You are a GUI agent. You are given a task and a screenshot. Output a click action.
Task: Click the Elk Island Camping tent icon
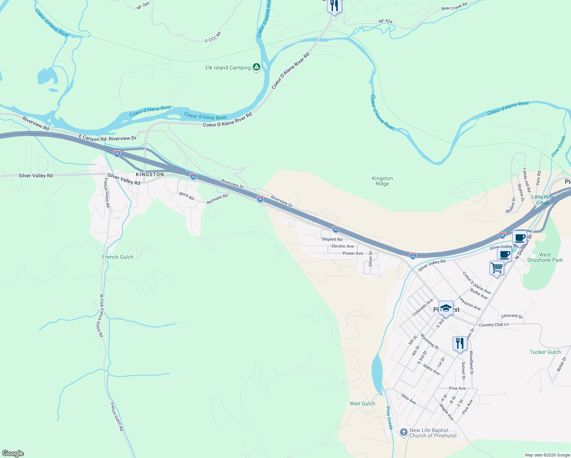(x=256, y=68)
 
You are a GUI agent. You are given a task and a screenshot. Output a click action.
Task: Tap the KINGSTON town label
(x=150, y=174)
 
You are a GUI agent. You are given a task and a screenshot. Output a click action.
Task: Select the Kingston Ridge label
(x=382, y=181)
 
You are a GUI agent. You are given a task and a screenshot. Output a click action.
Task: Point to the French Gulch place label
(x=118, y=257)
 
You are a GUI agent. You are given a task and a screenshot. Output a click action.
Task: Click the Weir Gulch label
(x=362, y=403)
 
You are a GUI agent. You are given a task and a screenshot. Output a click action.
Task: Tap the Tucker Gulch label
(x=545, y=352)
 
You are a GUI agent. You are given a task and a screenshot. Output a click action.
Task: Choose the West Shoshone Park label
(x=545, y=257)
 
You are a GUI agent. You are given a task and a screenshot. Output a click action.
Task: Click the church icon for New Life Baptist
(x=403, y=432)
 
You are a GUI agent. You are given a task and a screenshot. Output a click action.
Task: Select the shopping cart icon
(x=497, y=268)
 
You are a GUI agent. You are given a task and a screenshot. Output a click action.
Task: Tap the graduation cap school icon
(x=446, y=308)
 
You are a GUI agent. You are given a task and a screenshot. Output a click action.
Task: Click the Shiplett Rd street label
(x=332, y=239)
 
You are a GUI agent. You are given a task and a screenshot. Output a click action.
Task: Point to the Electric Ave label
(x=342, y=246)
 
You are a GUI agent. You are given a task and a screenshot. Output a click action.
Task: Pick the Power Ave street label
(x=353, y=253)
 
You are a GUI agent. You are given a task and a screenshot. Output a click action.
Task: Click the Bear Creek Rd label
(x=454, y=7)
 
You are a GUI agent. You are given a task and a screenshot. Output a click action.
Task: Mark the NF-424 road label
(x=386, y=21)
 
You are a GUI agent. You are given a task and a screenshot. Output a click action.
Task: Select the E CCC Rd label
(x=213, y=37)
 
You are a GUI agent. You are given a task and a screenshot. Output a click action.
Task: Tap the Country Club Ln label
(x=494, y=325)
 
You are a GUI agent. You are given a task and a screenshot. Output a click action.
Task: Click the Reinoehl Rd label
(x=217, y=199)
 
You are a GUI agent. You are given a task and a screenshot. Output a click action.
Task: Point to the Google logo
(x=13, y=453)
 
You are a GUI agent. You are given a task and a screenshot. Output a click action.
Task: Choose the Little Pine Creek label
(x=542, y=200)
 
